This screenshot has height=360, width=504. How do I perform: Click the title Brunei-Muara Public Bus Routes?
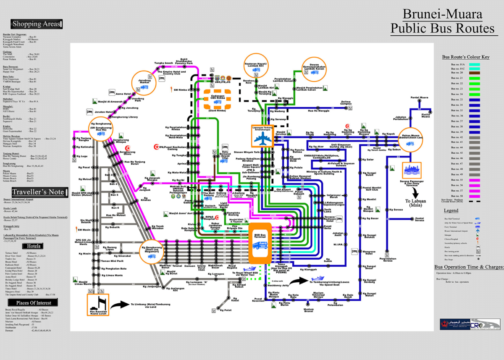coord(443,21)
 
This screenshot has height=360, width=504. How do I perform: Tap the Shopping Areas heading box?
coord(37,24)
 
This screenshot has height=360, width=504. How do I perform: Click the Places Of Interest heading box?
coord(37,302)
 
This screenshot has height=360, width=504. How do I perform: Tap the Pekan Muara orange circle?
coord(410,139)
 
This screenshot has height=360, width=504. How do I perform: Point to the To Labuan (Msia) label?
coord(415,203)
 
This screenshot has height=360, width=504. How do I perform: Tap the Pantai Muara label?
coord(418,98)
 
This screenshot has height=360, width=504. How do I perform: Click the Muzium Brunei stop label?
coord(308,311)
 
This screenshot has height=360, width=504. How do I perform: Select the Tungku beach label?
coord(163,63)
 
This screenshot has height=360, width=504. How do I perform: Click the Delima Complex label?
coord(346,102)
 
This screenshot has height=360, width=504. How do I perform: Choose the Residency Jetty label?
coord(278,285)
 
